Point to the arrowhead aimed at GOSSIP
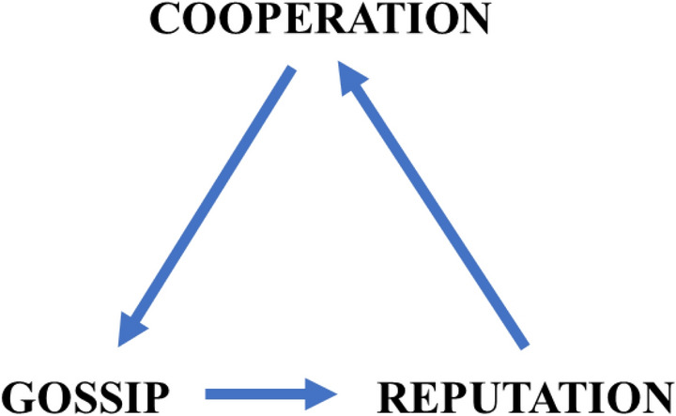131,329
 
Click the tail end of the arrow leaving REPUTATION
522,343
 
